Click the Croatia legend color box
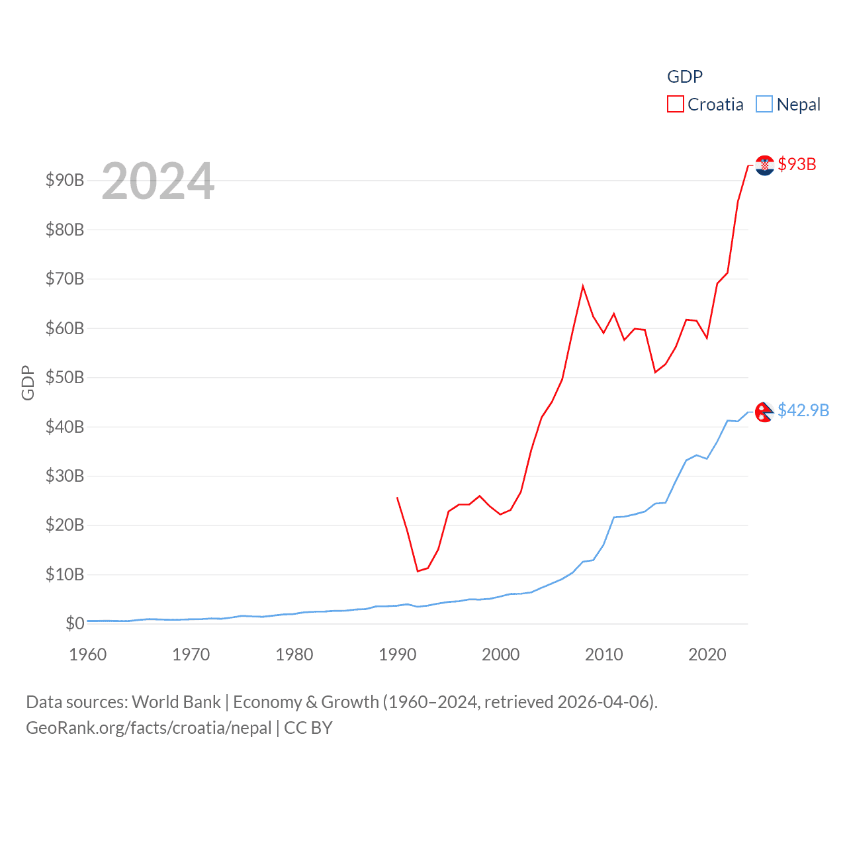[675, 105]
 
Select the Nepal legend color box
[764, 105]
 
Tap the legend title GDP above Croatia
[685, 77]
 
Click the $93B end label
[797, 164]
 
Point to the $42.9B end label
[803, 410]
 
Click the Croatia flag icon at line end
[765, 165]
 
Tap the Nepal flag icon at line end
[764, 412]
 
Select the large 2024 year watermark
[158, 181]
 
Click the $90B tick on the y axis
[65, 180]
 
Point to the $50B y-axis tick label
[65, 377]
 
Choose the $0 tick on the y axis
[75, 623]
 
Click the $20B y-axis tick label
[65, 525]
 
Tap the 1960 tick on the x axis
[88, 654]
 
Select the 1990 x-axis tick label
[398, 654]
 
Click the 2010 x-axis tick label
[604, 654]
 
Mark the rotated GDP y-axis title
[28, 382]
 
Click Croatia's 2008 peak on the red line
[583, 286]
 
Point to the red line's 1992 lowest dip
[418, 571]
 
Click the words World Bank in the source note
[176, 702]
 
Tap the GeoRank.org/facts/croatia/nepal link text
[149, 728]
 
